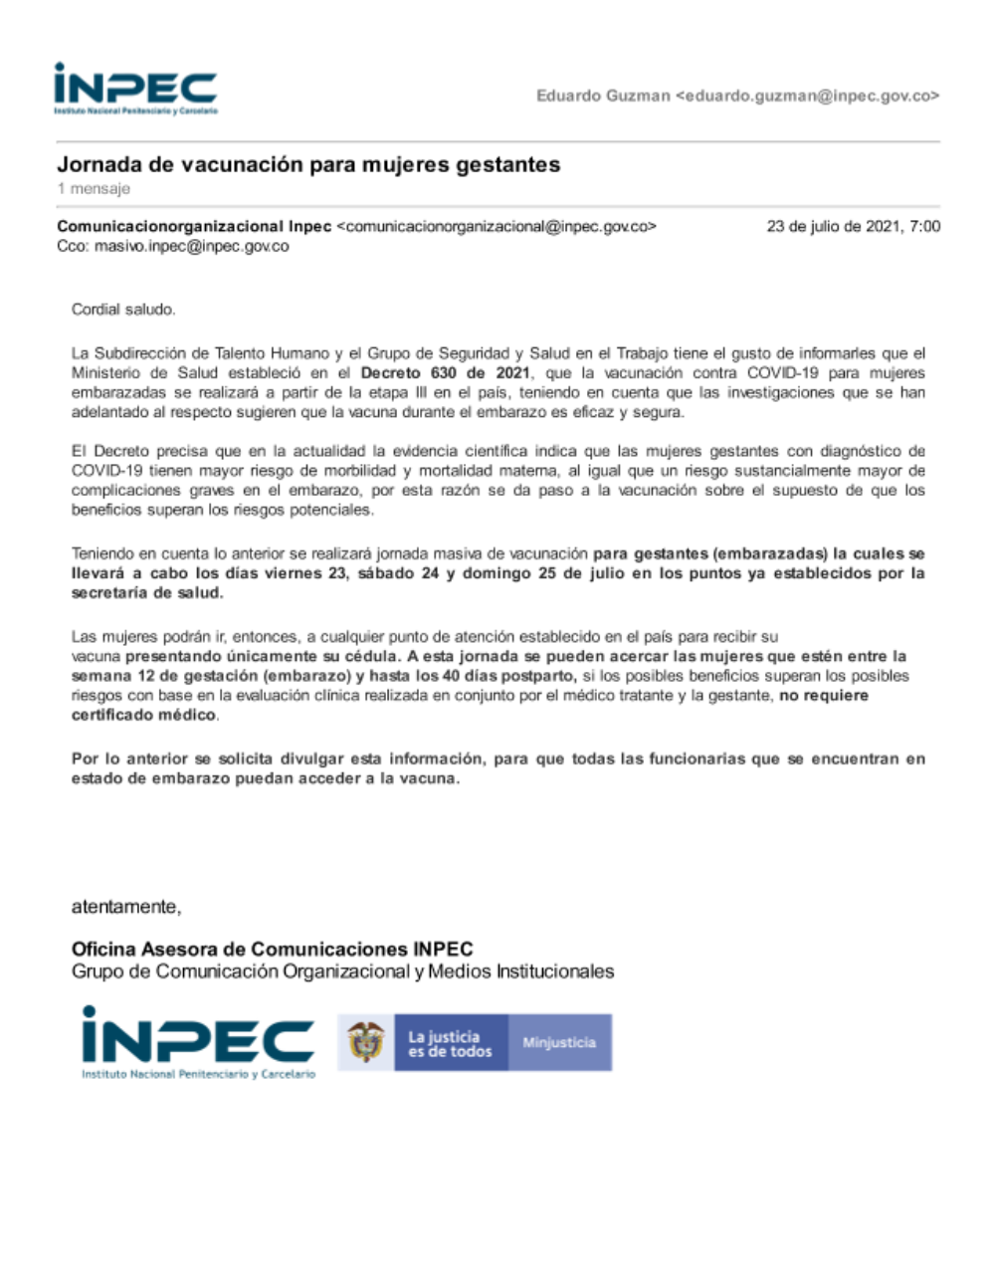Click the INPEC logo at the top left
(135, 89)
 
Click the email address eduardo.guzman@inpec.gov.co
(807, 97)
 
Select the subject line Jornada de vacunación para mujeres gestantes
(308, 164)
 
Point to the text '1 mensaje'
(94, 188)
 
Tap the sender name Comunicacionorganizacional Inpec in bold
(194, 226)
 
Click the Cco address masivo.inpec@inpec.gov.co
(191, 246)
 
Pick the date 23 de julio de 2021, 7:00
(853, 226)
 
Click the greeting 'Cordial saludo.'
(123, 310)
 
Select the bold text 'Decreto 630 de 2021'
(445, 373)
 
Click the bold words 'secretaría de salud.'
(147, 593)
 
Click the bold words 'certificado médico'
(143, 715)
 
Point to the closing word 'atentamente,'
(126, 907)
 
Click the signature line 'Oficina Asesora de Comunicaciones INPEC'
(272, 949)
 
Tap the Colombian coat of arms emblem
(365, 1042)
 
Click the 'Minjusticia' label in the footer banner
(559, 1042)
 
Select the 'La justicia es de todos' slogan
(450, 1043)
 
